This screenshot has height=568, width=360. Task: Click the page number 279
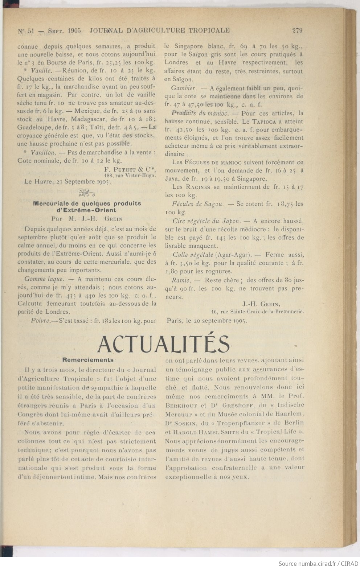pos(297,30)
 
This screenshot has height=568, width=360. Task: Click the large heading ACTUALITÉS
pos(163,344)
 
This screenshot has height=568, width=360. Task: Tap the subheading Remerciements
pos(88,360)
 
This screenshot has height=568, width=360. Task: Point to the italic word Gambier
pos(184,88)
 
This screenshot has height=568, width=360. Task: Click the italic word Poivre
pos(40,321)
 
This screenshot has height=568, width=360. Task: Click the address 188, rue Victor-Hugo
pos(130,175)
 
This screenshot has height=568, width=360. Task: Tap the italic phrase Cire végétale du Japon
pos(206,221)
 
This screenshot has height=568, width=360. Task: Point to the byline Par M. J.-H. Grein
pos(87,219)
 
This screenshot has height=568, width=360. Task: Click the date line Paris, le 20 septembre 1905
pos(207,321)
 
